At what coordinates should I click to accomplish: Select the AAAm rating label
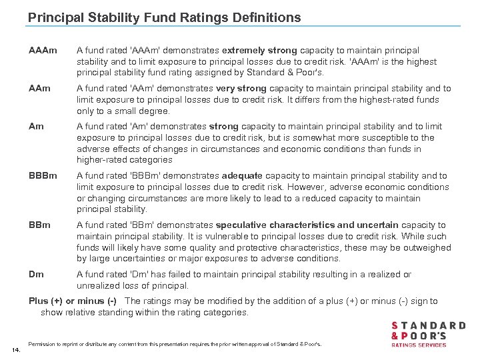pyautogui.click(x=43, y=51)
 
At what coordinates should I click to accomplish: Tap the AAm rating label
pyautogui.click(x=41, y=88)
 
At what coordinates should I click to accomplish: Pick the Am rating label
pyautogui.click(x=37, y=127)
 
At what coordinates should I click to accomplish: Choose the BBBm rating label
pyautogui.click(x=43, y=176)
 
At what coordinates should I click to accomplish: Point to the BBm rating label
pyautogui.click(x=40, y=225)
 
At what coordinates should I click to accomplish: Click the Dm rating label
pyautogui.click(x=37, y=275)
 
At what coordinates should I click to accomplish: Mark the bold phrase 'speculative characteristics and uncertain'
pyautogui.click(x=306, y=225)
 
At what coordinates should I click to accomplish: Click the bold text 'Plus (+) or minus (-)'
pyautogui.click(x=73, y=301)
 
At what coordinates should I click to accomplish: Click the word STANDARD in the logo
pyautogui.click(x=429, y=325)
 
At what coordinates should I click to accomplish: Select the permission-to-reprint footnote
pyautogui.click(x=175, y=344)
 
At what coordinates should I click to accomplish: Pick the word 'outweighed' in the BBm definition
pyautogui.click(x=427, y=247)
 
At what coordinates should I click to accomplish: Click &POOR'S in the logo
pyautogui.click(x=418, y=336)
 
